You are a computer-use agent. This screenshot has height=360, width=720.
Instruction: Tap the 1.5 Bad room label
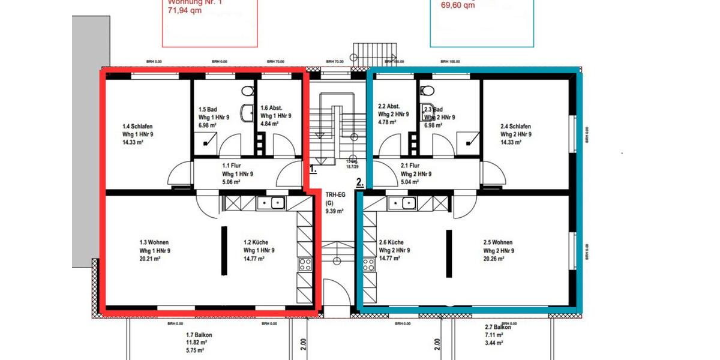[208, 110]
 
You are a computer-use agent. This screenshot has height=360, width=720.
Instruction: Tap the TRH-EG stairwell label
[334, 195]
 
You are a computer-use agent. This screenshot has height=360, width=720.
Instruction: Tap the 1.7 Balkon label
[199, 335]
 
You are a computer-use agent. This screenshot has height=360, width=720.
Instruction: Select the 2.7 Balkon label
[498, 327]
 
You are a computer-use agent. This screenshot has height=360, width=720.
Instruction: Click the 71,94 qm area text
[184, 11]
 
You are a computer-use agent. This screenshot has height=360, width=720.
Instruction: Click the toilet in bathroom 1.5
[246, 91]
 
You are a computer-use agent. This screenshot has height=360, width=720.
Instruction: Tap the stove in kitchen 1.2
[305, 264]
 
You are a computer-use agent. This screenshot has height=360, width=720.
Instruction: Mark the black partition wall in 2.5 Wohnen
[449, 253]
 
